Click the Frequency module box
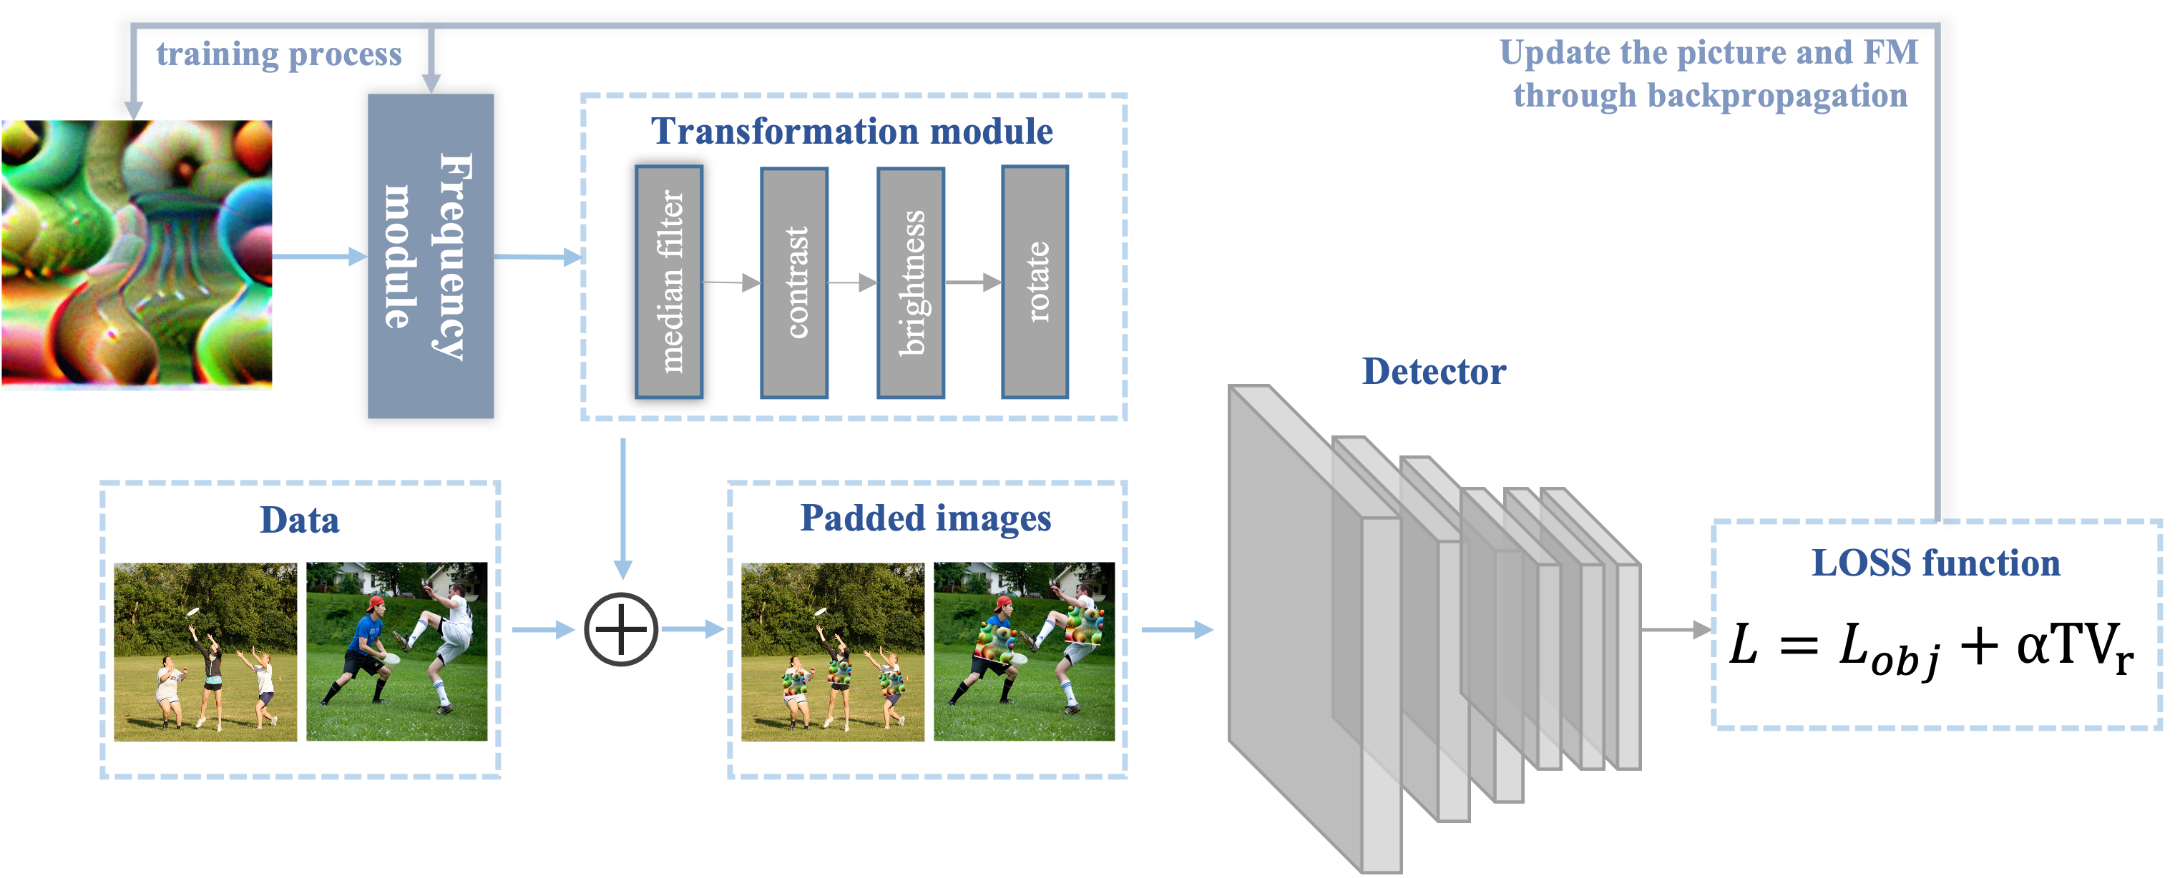pyautogui.click(x=430, y=255)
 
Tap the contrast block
pyautogui.click(x=794, y=282)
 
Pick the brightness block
pyautogui.click(x=911, y=282)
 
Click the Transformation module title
pyautogui.click(x=851, y=131)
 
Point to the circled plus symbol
pyautogui.click(x=620, y=629)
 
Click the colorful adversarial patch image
pyautogui.click(x=136, y=255)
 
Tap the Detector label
pyautogui.click(x=1434, y=371)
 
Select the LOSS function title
pyautogui.click(x=1935, y=563)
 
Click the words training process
pyautogui.click(x=278, y=54)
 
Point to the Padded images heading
pyautogui.click(x=925, y=518)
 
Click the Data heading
pyautogui.click(x=299, y=519)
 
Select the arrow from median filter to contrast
pyautogui.click(x=731, y=282)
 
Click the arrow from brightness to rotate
pyautogui.click(x=972, y=282)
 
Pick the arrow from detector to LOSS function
pyautogui.click(x=1676, y=629)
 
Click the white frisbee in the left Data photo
pyautogui.click(x=194, y=611)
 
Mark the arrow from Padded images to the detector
pyautogui.click(x=1176, y=629)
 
